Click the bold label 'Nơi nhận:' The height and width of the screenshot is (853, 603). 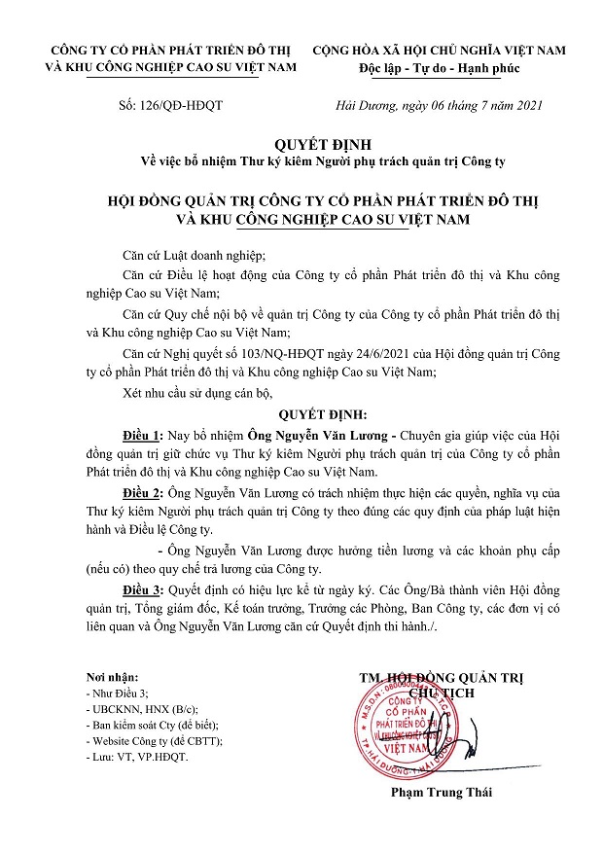click(111, 677)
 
